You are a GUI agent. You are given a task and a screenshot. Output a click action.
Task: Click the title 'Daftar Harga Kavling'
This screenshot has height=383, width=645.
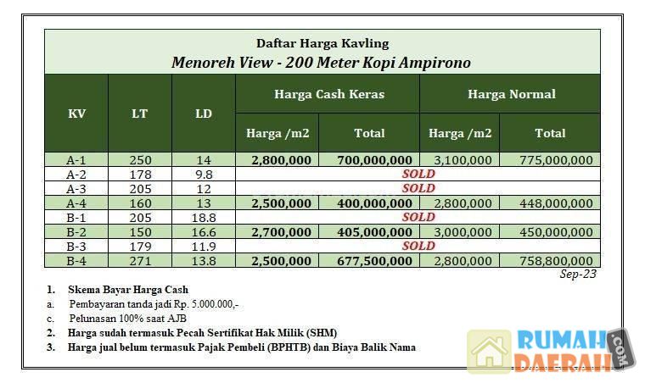(322, 43)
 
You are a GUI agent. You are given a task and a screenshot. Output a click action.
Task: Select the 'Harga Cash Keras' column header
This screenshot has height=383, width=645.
(328, 94)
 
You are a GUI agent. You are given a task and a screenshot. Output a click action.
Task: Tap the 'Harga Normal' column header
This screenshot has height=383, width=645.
(511, 94)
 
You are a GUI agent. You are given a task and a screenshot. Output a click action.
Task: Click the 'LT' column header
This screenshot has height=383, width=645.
(140, 114)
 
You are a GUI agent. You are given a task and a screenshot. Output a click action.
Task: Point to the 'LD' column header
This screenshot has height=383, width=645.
(204, 114)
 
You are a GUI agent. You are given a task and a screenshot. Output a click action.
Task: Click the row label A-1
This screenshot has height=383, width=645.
(76, 159)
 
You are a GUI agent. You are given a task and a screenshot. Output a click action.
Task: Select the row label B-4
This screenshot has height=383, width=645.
(76, 261)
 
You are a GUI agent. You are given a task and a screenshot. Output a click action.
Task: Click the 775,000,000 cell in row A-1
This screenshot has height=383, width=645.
(550, 159)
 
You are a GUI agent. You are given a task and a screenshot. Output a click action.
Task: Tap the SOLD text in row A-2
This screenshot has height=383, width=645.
(418, 174)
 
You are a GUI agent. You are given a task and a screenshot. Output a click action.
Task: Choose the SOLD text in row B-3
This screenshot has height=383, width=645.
(418, 246)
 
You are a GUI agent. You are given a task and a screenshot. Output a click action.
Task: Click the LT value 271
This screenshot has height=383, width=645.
(140, 261)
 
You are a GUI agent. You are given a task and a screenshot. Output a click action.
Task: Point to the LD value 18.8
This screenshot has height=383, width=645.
(204, 217)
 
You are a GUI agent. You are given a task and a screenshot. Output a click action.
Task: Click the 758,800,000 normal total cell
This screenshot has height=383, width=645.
(550, 261)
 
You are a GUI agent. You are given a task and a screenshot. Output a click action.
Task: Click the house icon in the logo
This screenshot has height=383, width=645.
(489, 351)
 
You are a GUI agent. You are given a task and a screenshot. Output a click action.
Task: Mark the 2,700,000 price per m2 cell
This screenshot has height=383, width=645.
(278, 231)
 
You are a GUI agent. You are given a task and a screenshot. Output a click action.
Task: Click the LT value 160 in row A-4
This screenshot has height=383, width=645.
(140, 203)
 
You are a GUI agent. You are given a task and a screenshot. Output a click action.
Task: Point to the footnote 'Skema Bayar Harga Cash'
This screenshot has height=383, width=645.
(128, 290)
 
